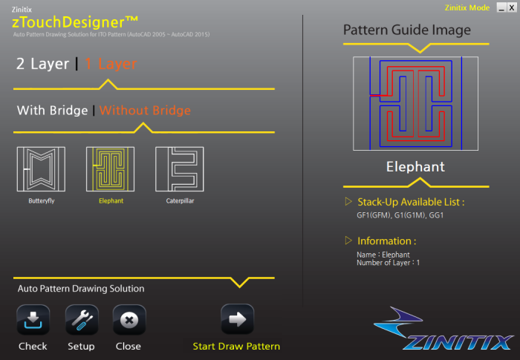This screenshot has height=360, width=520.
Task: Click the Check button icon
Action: click(x=33, y=321)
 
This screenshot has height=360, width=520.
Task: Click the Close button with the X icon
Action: click(x=129, y=321)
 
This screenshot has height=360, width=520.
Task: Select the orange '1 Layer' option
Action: click(x=110, y=65)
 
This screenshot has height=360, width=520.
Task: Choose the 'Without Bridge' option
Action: click(x=145, y=111)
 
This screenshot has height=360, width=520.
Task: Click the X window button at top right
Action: click(x=511, y=7)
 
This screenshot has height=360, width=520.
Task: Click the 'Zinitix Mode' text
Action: click(x=467, y=7)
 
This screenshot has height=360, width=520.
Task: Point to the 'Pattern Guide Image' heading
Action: click(x=406, y=30)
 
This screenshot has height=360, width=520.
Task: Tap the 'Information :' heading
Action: click(x=386, y=241)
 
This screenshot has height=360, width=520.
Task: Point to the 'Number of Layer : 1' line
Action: click(x=388, y=263)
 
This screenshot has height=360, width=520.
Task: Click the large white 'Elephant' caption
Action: click(x=415, y=167)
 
